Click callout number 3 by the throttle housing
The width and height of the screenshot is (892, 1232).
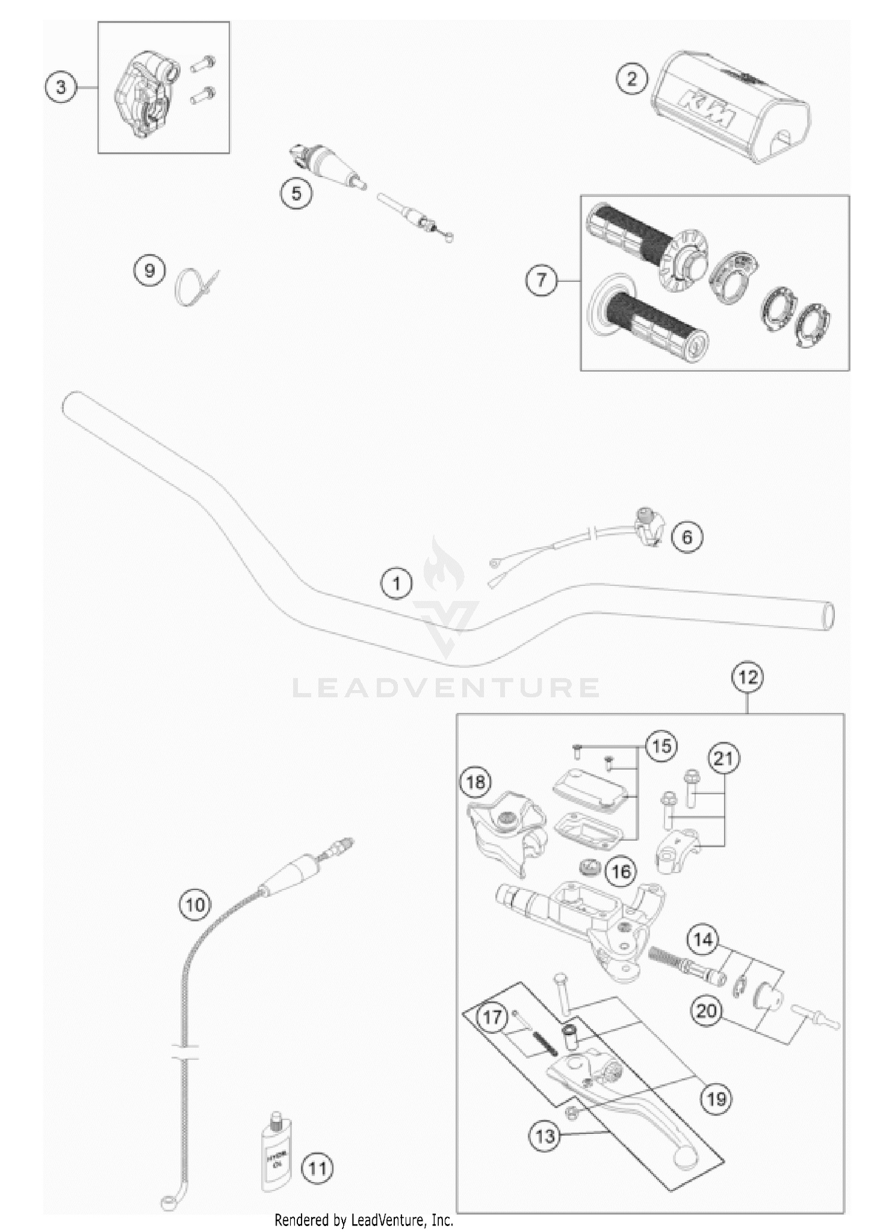point(61,88)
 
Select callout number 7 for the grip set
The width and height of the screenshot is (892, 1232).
point(541,280)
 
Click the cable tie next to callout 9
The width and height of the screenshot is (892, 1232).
point(195,284)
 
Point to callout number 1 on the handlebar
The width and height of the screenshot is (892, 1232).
point(397,584)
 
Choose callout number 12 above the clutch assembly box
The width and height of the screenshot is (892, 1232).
point(748,677)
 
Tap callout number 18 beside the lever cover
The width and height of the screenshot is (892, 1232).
point(476,782)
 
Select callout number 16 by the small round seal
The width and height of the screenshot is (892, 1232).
point(621,872)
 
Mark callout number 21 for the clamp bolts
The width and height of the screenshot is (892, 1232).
point(724,759)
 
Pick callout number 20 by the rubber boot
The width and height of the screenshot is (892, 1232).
point(706,1011)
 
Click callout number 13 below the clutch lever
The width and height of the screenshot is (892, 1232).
point(545,1137)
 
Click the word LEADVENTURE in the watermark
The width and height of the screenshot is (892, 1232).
point(446,688)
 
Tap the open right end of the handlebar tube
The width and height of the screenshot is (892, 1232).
point(827,616)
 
